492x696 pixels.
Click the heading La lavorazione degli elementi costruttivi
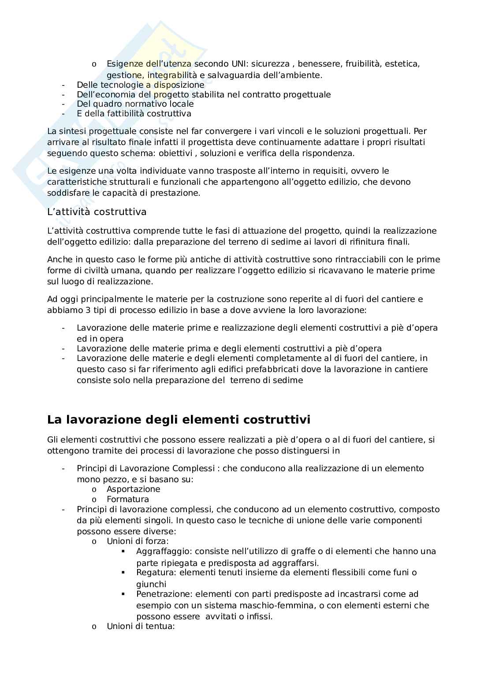[179, 420]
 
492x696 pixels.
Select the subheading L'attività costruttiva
[97, 212]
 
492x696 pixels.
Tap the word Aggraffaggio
[164, 551]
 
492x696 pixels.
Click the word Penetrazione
[164, 594]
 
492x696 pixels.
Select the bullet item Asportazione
[133, 489]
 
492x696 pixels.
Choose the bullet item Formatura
[127, 499]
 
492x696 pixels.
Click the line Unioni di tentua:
[141, 626]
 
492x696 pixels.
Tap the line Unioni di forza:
[138, 541]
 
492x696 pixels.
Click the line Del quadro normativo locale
[135, 104]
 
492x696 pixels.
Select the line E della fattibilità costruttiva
[134, 114]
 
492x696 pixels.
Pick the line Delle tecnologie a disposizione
[140, 85]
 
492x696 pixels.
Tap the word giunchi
[151, 584]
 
